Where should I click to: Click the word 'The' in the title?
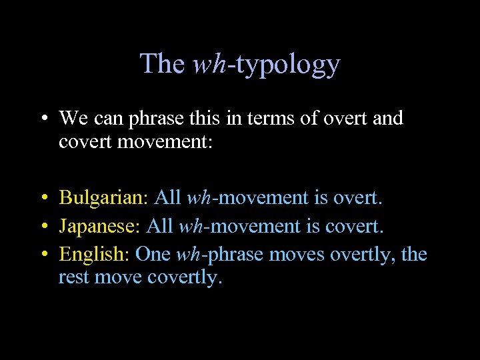pos(162,64)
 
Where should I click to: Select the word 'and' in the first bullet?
pos(388,119)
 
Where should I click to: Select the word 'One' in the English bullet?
pos(153,255)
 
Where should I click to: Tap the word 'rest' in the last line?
pos(74,277)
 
